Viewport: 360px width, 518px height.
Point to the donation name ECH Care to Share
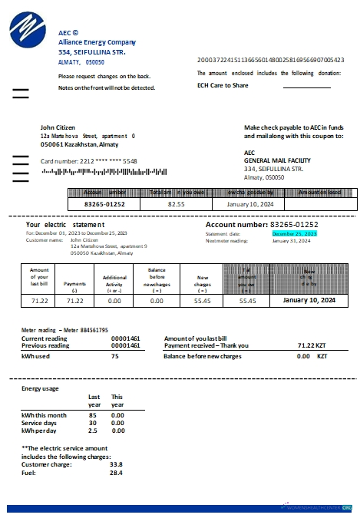226,86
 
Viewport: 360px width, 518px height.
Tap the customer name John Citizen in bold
58,127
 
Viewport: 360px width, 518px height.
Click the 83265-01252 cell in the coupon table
104,205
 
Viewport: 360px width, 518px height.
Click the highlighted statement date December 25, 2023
294,233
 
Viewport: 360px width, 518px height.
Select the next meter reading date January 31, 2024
291,240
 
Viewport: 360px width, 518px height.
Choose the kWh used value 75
114,356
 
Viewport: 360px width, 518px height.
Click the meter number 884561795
73,330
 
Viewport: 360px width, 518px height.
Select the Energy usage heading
40,389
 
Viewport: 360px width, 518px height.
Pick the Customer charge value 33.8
116,464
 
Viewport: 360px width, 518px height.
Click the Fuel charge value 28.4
116,473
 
